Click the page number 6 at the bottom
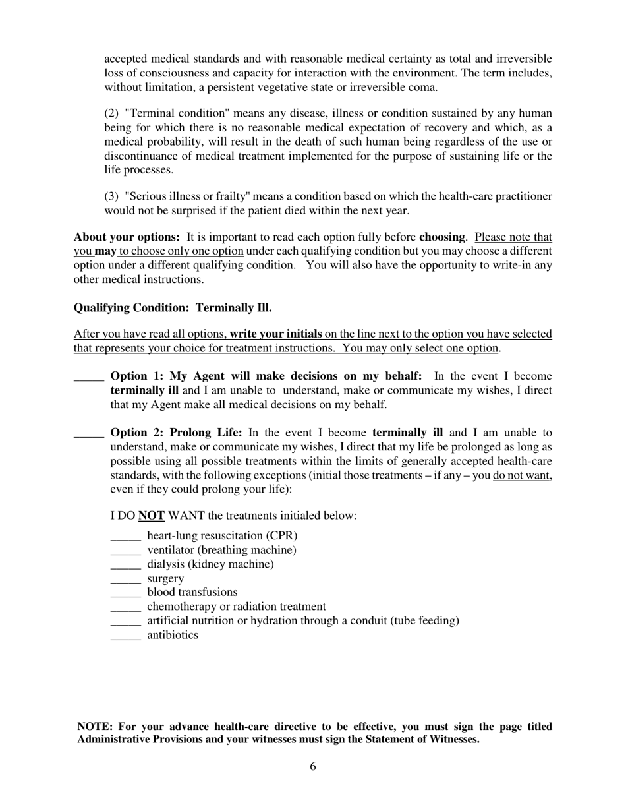click(312, 766)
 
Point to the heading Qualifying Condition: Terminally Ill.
click(173, 308)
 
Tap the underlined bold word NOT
click(151, 516)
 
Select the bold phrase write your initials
click(275, 334)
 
